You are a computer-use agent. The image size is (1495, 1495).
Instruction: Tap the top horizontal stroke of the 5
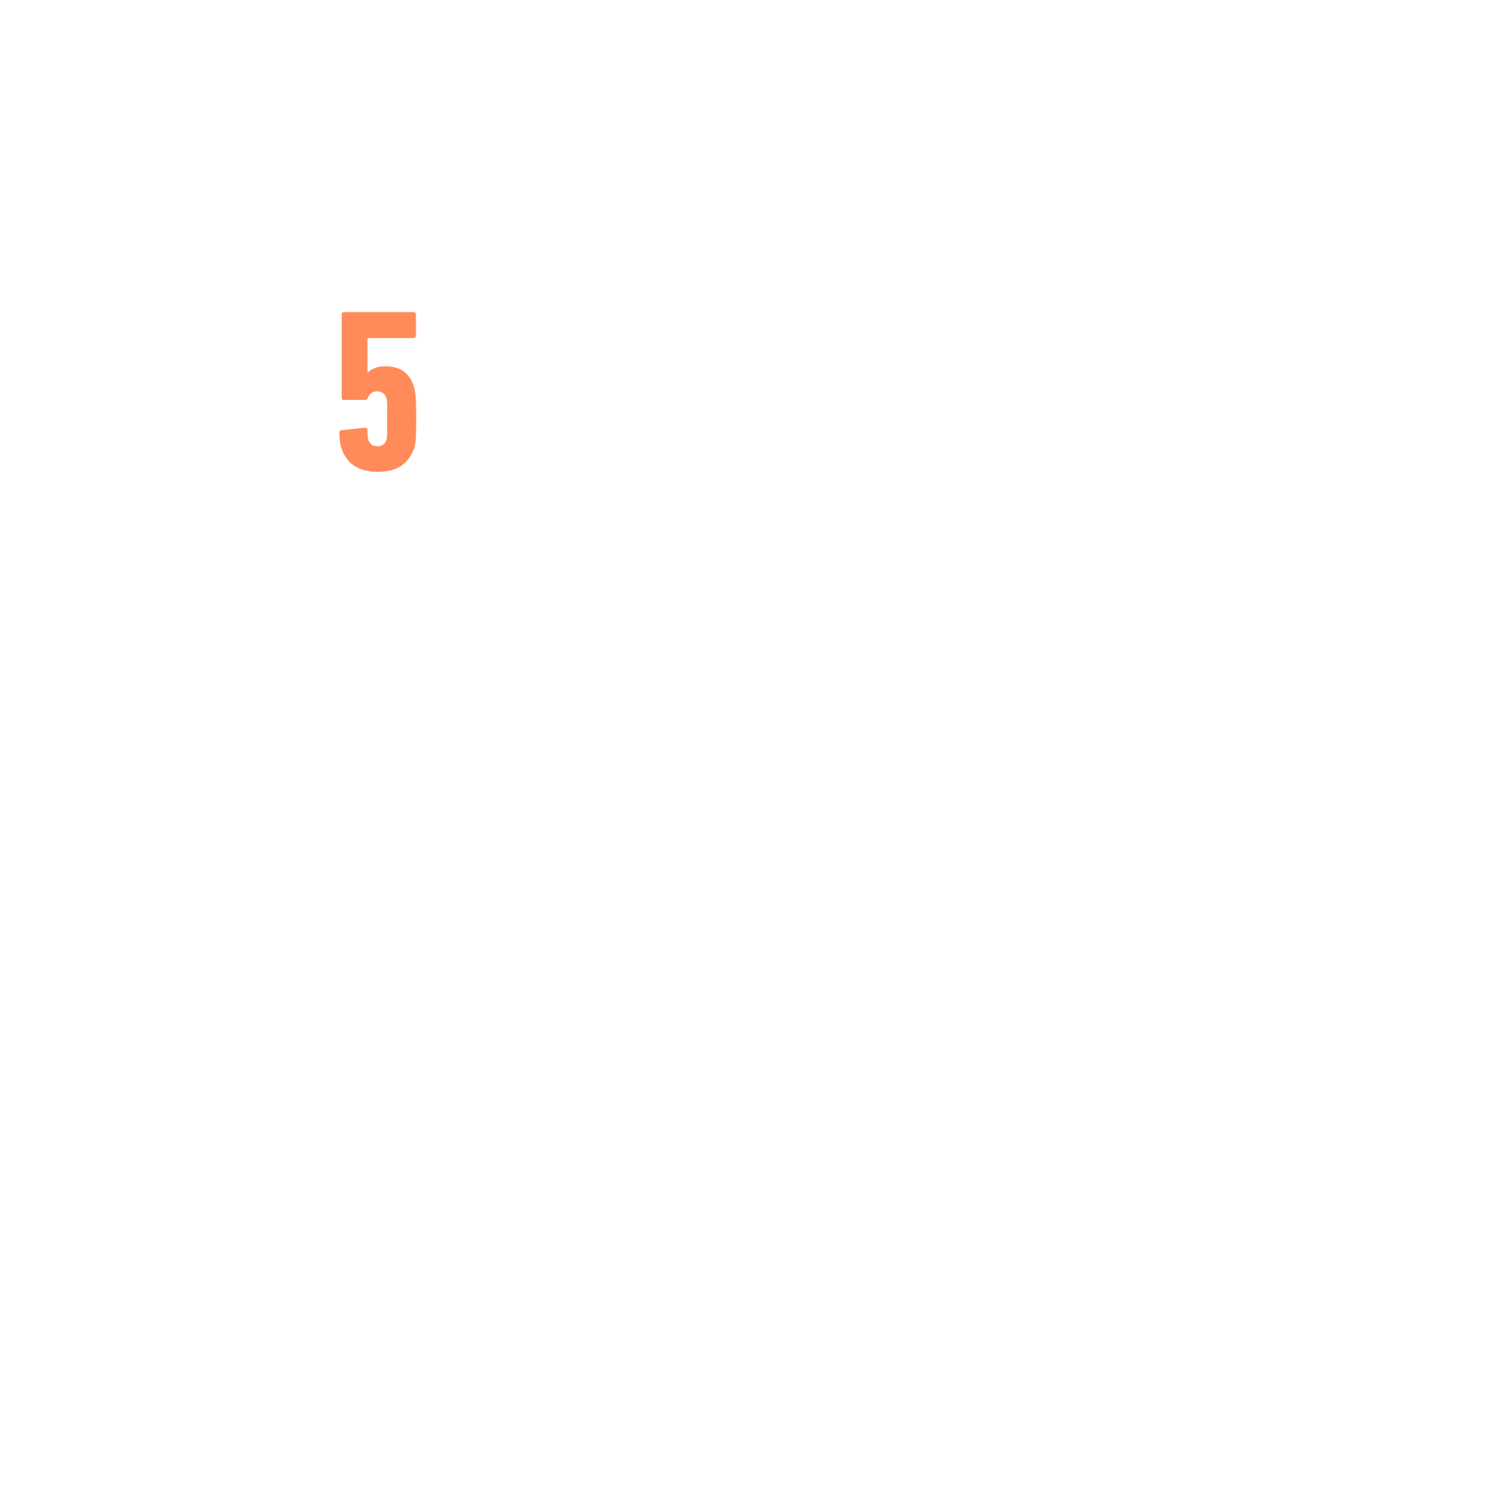click(379, 325)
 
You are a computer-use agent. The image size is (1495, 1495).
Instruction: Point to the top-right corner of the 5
click(415, 313)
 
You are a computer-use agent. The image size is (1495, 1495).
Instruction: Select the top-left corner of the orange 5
click(344, 313)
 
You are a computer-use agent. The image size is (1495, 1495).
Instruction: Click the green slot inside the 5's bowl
click(377, 419)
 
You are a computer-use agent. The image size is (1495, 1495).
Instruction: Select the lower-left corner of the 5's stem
click(344, 398)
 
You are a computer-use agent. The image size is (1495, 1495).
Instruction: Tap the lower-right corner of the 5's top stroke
click(415, 336)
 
